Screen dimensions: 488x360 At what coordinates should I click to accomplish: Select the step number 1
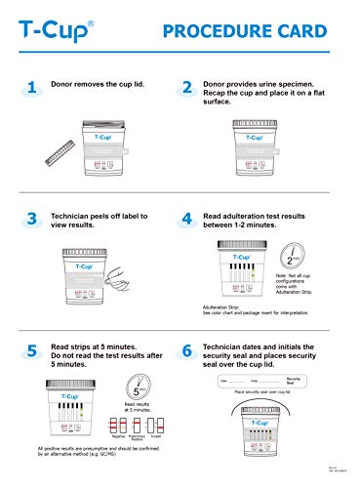click(x=31, y=88)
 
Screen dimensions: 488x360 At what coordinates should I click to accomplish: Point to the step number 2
click(x=187, y=88)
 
